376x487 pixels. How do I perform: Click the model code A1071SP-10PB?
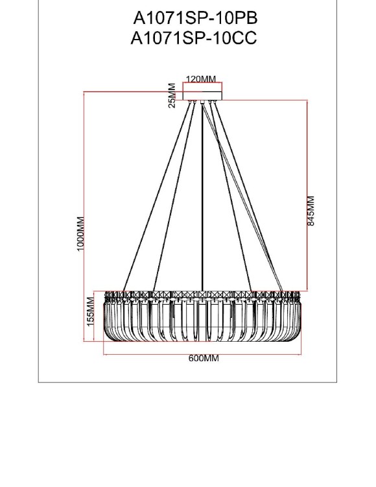194,18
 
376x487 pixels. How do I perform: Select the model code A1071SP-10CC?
194,38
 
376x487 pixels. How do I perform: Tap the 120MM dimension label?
201,79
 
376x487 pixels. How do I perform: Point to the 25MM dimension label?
172,95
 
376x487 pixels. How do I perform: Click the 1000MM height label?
81,233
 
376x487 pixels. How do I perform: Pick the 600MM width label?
204,359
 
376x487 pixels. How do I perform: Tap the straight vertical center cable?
204,195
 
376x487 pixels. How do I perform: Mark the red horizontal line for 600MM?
204,353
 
